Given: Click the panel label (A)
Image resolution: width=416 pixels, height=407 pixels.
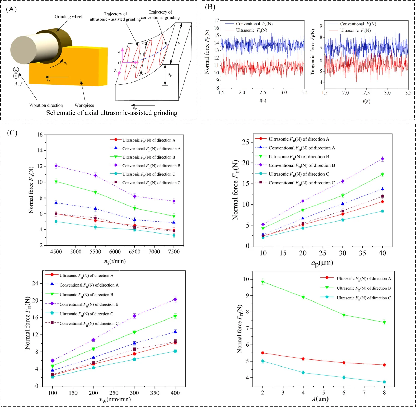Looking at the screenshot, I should tap(11, 9).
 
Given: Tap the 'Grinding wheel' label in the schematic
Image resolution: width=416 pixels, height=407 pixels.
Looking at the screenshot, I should tap(68, 17).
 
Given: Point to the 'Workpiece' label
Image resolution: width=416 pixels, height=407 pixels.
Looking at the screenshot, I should tap(84, 105).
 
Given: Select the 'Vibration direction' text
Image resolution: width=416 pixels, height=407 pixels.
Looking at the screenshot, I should tap(46, 105).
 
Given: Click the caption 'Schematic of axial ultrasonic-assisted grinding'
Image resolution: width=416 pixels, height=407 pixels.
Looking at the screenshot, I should tap(112, 113).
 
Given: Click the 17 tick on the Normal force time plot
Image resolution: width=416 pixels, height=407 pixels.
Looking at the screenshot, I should tap(216, 20).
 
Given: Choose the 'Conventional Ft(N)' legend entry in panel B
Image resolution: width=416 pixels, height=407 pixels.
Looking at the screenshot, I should tap(358, 24).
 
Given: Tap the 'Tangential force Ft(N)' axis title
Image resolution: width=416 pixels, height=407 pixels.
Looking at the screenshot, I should tap(313, 52).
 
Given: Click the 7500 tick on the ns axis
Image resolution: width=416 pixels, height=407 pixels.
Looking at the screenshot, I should tap(174, 252).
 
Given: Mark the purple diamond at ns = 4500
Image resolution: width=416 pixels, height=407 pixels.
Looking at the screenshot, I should tap(56, 166).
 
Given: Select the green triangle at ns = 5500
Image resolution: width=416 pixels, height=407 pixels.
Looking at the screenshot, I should tap(95, 193).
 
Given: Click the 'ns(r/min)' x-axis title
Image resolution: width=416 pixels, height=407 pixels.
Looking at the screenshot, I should tap(115, 261).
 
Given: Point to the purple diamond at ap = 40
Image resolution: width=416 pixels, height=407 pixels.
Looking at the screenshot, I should tap(382, 159).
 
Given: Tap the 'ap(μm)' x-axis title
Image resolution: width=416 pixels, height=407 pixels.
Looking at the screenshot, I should tap(322, 263).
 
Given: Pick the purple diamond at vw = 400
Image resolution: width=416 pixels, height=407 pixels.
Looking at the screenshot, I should tap(175, 299).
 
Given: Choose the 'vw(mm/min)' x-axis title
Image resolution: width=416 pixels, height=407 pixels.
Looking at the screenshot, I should tap(115, 399).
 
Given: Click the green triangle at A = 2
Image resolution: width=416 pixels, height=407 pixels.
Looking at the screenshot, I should tap(263, 282).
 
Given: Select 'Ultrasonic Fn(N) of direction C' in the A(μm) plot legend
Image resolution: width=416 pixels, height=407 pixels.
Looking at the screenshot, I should tap(364, 298).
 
